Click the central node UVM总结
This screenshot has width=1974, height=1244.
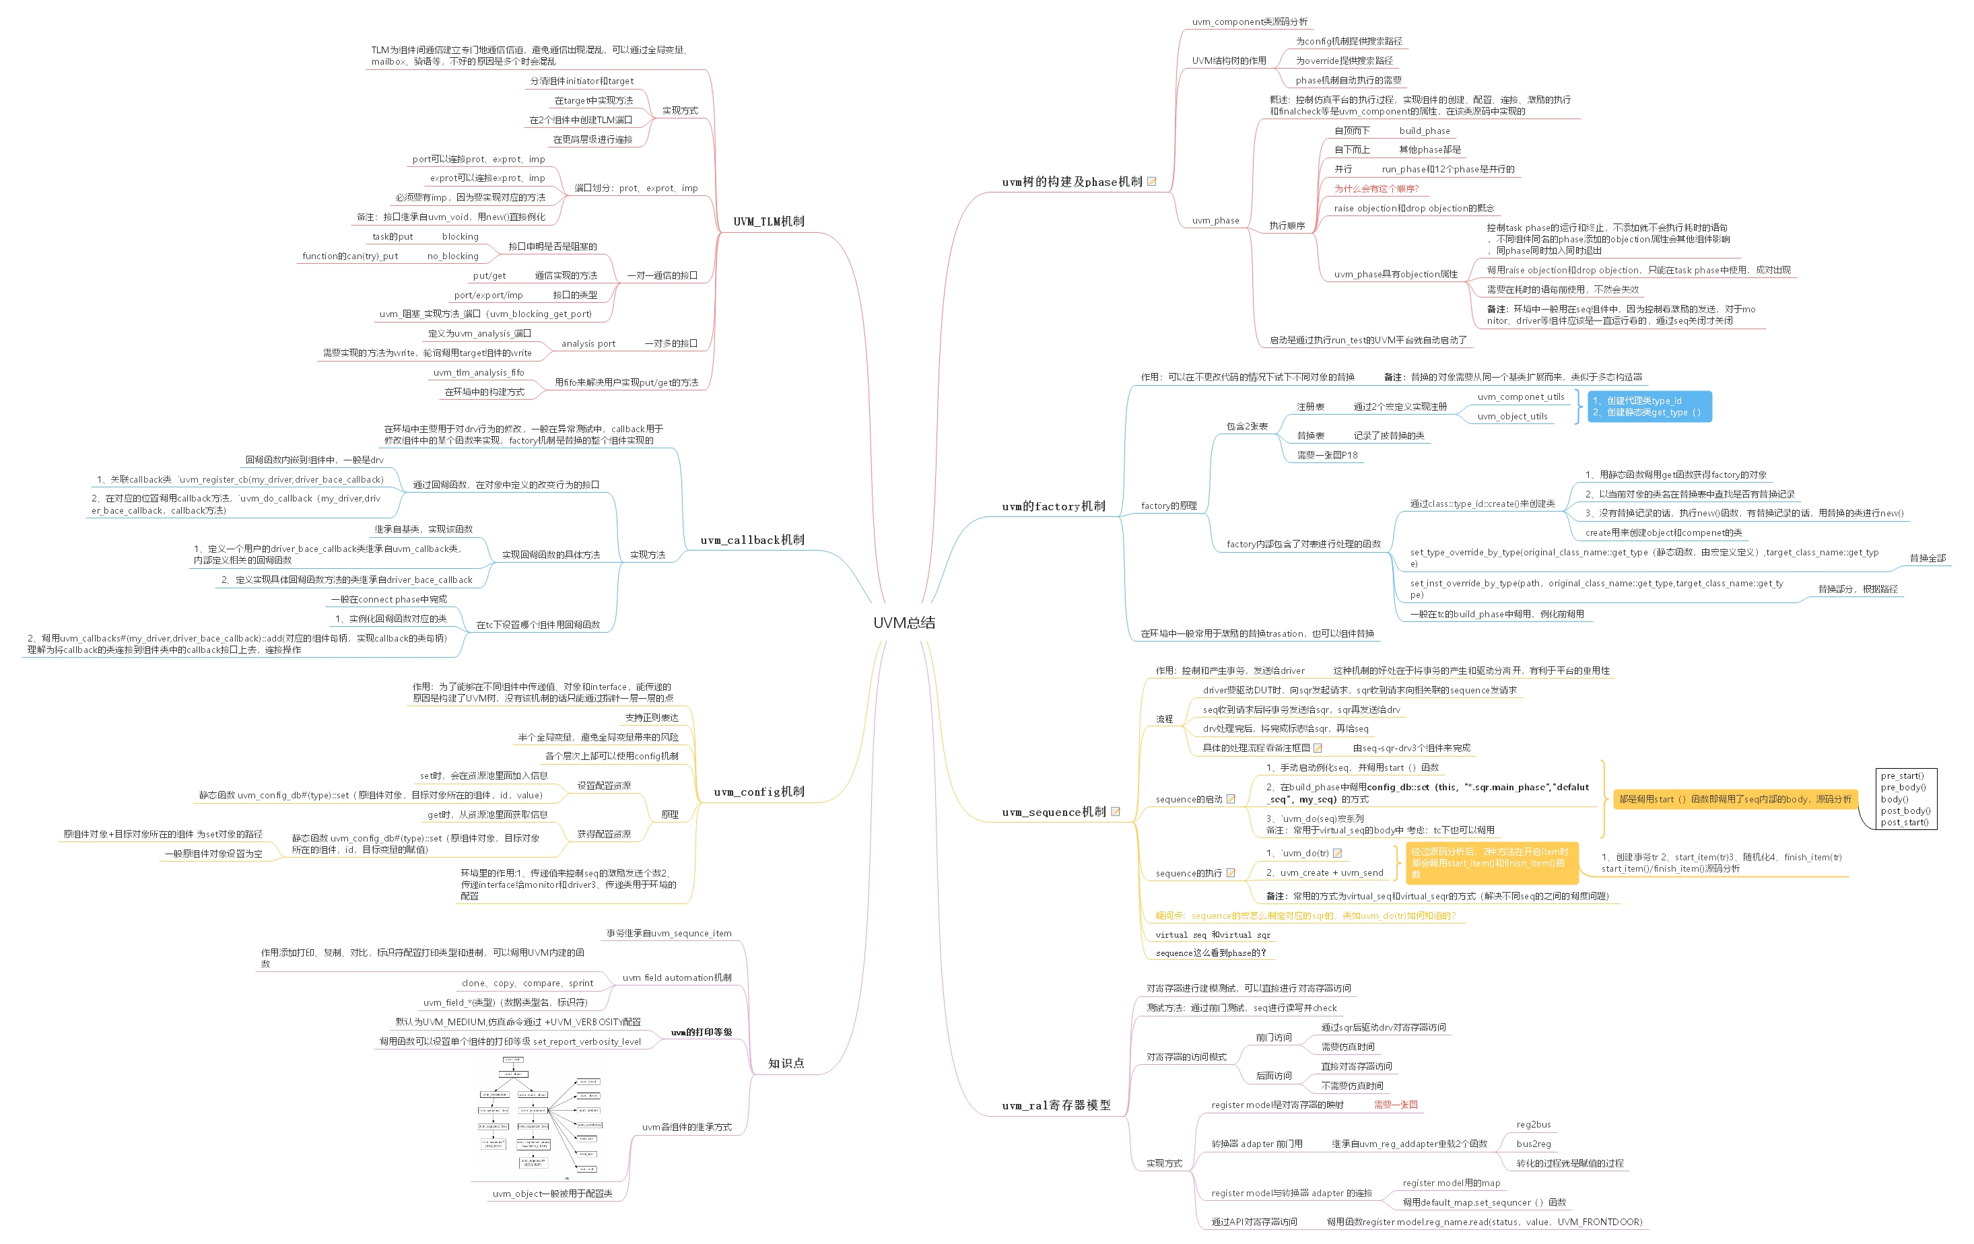coord(904,623)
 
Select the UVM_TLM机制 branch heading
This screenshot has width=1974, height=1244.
coord(768,221)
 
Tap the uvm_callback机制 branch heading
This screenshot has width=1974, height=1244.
coord(752,540)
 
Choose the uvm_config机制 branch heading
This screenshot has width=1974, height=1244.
coord(758,792)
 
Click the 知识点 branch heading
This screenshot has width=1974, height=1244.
coord(785,1064)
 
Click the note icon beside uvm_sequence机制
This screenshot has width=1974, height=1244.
coord(1115,812)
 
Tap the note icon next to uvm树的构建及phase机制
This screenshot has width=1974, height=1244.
coord(1151,182)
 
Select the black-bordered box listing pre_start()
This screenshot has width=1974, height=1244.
coord(1905,799)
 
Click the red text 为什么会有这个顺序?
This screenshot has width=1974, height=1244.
coord(1375,189)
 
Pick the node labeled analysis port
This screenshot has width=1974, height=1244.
coord(588,344)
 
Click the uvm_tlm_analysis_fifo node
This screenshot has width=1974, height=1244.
coord(478,373)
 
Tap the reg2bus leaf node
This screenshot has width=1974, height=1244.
coord(1533,1125)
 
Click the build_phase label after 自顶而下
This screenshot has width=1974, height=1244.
coord(1424,131)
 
